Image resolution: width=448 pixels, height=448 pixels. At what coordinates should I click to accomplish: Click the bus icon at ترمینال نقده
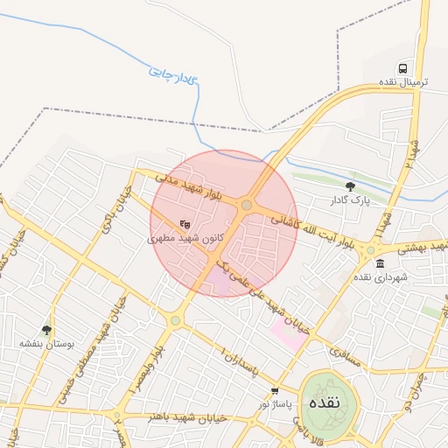402,67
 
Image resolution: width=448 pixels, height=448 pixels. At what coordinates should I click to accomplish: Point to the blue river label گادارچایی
174,73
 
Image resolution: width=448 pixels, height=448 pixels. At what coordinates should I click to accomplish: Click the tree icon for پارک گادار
351,185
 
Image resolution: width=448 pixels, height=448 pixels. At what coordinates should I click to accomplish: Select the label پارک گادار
351,200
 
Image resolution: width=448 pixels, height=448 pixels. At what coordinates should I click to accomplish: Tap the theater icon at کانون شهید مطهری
185,223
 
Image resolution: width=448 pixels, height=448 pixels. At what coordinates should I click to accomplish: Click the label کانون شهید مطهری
185,237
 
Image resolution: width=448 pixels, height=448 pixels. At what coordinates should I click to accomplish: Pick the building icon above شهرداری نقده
379,262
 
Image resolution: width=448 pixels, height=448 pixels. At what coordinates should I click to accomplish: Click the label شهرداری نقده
379,276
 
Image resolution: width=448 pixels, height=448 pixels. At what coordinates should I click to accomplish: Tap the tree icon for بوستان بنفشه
46,330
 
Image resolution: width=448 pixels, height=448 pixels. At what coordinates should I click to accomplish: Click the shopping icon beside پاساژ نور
275,391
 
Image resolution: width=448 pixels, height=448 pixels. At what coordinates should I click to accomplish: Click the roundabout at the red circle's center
247,206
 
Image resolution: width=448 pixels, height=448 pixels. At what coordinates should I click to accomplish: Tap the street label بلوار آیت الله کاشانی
311,232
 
